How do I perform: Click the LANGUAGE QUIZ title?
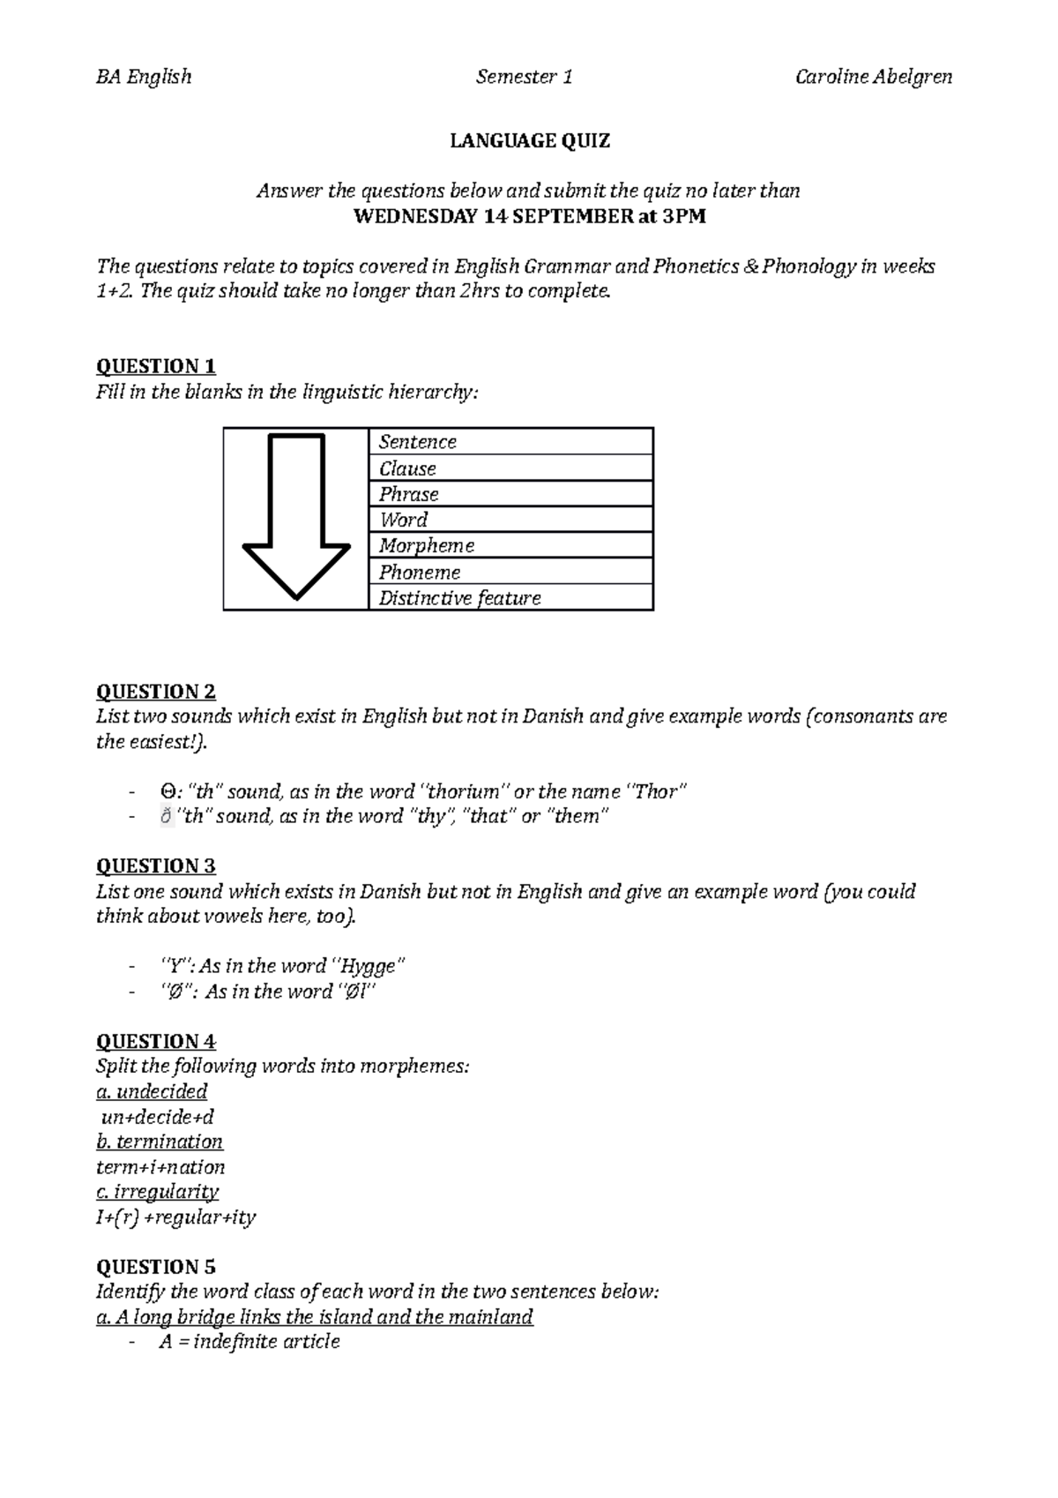tap(529, 140)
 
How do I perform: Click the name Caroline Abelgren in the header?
tap(873, 77)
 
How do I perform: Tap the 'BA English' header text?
tap(143, 77)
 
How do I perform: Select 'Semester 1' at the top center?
tap(524, 77)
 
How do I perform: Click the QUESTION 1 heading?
tap(155, 366)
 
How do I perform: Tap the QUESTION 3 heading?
tap(155, 865)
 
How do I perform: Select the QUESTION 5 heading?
tap(155, 1267)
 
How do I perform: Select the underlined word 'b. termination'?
tap(160, 1142)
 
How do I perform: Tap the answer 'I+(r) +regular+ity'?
tap(175, 1217)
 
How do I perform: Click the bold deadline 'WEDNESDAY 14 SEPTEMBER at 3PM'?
tap(529, 216)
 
